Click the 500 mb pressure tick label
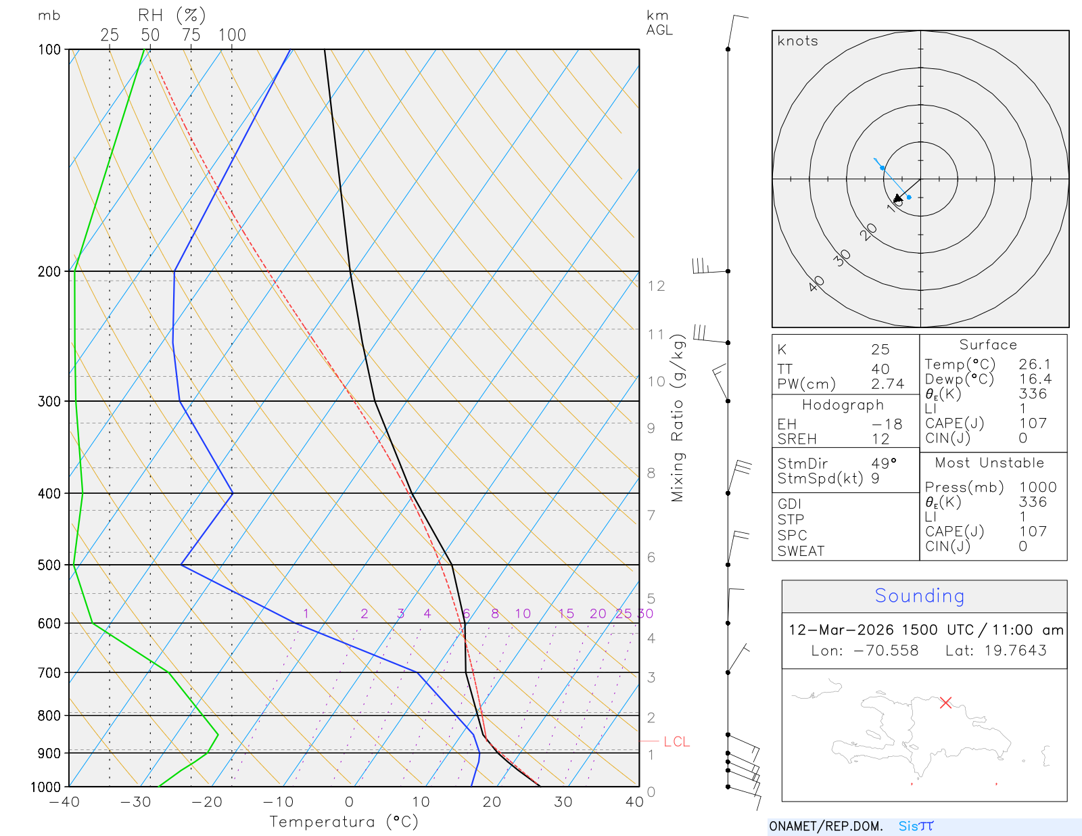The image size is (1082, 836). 49,565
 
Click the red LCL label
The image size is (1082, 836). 676,742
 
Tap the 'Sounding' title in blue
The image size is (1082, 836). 919,596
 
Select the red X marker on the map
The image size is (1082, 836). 945,703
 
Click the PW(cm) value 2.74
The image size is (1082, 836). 887,384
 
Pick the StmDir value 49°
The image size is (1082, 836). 884,463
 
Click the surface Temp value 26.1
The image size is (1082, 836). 1035,365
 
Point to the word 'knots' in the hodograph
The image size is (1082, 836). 797,41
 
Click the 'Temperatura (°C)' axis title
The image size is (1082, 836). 344,822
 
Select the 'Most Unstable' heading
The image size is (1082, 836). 989,463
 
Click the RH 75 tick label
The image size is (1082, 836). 191,35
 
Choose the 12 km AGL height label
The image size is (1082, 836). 656,286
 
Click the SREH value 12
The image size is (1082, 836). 880,439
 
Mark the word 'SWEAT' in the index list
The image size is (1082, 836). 801,551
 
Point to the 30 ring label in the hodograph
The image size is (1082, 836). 842,258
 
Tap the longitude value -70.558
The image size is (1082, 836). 885,651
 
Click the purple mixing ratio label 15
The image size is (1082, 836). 566,613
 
